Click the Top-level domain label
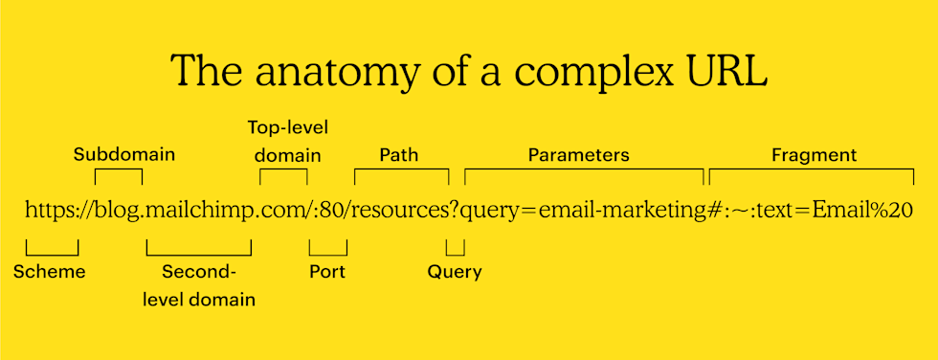pos(284,141)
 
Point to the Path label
pos(398,154)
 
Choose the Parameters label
pos(578,154)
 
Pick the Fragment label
pos(814,154)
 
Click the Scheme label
pos(50,272)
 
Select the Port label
pos(327,272)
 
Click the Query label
pos(455,272)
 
